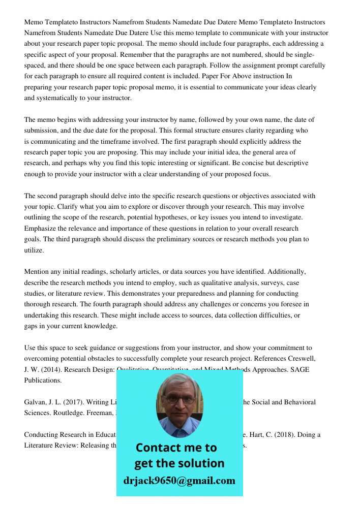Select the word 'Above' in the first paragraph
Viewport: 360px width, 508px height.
(x=248, y=76)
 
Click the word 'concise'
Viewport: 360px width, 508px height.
(x=277, y=163)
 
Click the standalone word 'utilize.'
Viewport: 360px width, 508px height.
(x=34, y=250)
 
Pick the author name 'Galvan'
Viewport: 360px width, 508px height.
(x=36, y=402)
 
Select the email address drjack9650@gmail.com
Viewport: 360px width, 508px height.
(x=179, y=481)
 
